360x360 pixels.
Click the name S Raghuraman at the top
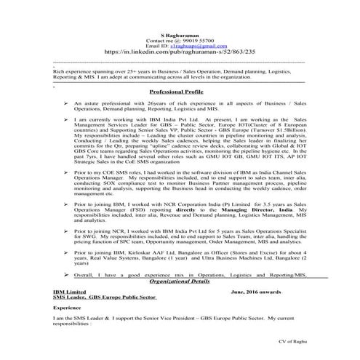[x=179, y=34]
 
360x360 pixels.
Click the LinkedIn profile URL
[x=179, y=53]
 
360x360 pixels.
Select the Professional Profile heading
[x=179, y=93]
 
